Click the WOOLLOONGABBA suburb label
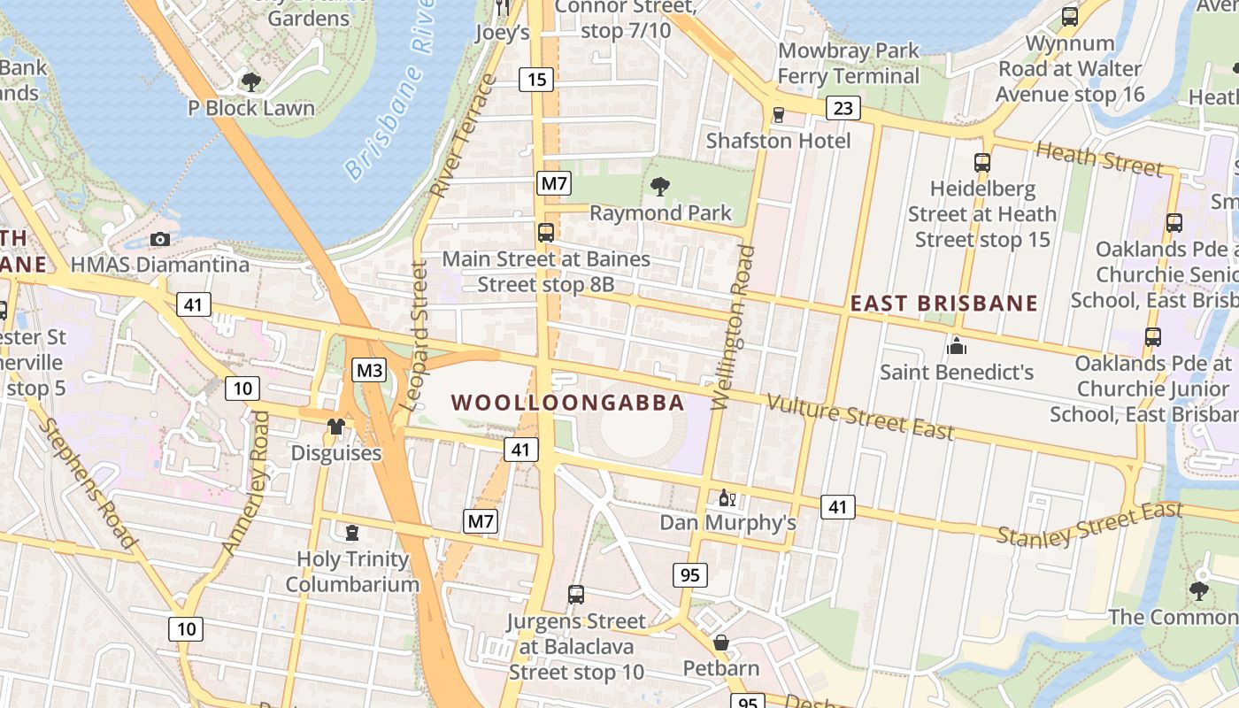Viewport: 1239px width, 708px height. [x=567, y=403]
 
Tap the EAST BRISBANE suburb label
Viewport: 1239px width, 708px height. [x=943, y=304]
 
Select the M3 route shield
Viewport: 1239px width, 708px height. [x=369, y=370]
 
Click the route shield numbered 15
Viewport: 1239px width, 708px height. [x=537, y=80]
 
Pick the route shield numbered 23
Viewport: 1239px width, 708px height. [x=843, y=108]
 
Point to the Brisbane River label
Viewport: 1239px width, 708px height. [x=390, y=88]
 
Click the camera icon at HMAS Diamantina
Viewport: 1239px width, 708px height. [x=160, y=239]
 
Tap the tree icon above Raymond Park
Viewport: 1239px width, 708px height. [x=659, y=186]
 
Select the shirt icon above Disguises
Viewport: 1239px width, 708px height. [x=335, y=427]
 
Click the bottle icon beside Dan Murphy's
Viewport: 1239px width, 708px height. [x=727, y=497]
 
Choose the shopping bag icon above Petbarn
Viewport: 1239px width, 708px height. [x=721, y=642]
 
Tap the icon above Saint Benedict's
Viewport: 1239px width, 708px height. [x=956, y=345]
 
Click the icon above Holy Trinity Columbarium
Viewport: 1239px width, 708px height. [x=352, y=532]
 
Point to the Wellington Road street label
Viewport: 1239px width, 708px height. [x=734, y=327]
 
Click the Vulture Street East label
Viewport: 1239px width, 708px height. [x=860, y=417]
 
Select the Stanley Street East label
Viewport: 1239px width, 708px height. [x=1089, y=523]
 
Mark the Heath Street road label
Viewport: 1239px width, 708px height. [x=1098, y=159]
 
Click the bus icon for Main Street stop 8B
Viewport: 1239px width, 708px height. [x=546, y=233]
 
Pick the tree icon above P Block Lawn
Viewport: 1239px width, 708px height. [x=251, y=82]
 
